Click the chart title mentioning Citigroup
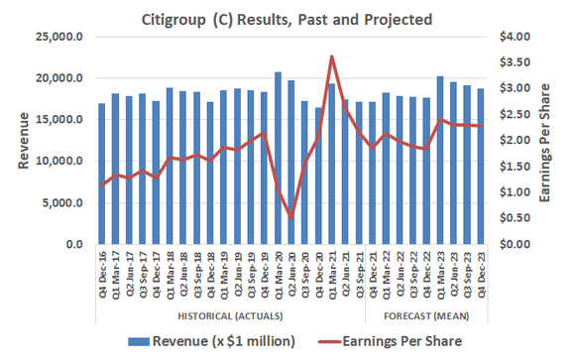287,17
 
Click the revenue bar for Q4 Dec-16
102,174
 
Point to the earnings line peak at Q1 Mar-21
332,57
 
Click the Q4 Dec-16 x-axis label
102,277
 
